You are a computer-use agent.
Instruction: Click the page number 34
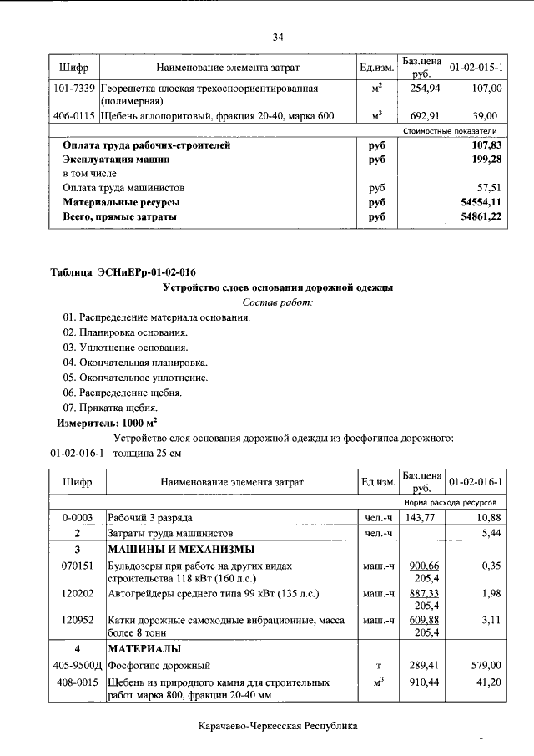coord(278,37)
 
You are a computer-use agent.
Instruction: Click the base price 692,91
coord(421,116)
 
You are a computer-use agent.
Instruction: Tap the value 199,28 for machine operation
coord(484,159)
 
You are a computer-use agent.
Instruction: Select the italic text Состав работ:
coord(277,302)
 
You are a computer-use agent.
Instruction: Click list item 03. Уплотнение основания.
coord(125,347)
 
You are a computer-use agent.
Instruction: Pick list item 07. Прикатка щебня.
coord(110,407)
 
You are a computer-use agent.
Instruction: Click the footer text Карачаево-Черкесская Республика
coord(278,726)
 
